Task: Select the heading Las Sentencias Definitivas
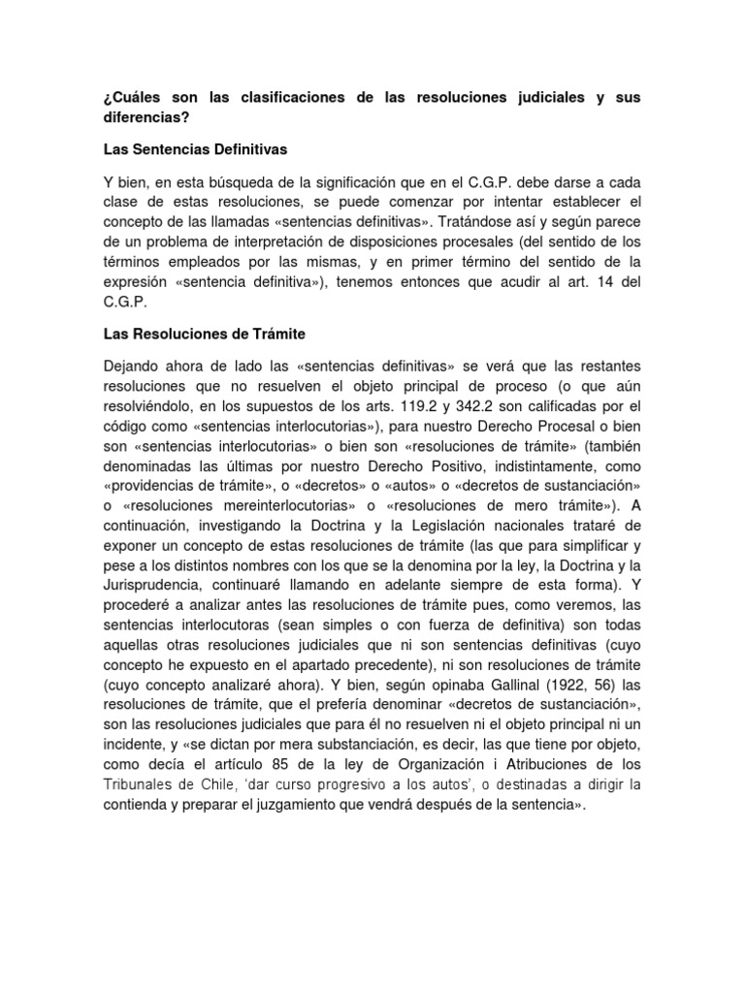coord(196,150)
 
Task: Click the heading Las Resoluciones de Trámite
coord(204,334)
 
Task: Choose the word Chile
coord(235,785)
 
